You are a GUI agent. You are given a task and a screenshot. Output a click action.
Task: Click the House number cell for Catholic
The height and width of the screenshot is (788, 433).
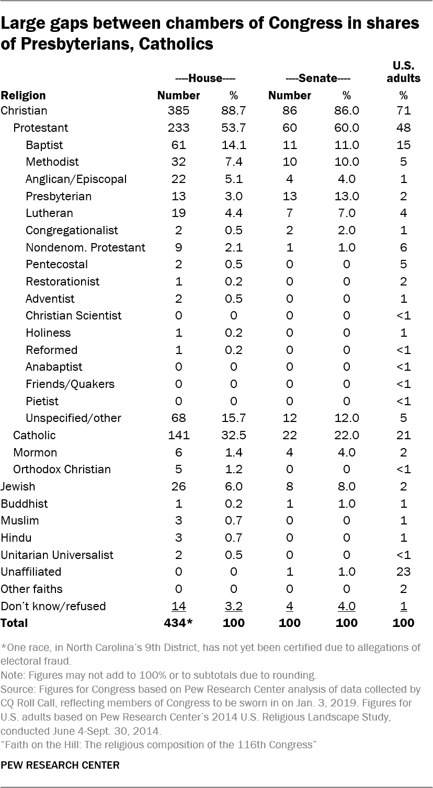[179, 436]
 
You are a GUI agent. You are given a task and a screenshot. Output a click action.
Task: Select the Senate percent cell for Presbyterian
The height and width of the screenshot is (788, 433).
[346, 196]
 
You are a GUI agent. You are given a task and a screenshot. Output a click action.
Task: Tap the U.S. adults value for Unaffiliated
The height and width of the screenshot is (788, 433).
[403, 572]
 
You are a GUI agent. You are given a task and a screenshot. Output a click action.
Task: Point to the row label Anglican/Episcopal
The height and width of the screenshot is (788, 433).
[76, 179]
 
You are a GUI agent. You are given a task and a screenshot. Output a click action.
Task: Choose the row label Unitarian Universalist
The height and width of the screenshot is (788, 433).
[57, 555]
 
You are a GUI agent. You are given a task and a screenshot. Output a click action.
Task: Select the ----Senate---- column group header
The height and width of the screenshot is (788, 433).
[317, 78]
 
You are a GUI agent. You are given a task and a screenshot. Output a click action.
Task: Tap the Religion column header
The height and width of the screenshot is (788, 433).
[23, 96]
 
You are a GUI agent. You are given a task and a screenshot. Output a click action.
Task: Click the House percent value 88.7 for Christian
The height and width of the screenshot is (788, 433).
[233, 111]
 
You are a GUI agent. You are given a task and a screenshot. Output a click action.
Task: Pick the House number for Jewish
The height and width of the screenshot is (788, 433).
[179, 487]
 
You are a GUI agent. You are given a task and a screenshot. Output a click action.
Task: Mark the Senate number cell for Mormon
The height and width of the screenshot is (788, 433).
[290, 453]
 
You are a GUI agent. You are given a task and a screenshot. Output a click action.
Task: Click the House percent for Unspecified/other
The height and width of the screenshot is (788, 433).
[233, 418]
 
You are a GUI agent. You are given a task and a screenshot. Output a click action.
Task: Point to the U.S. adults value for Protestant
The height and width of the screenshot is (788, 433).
[403, 128]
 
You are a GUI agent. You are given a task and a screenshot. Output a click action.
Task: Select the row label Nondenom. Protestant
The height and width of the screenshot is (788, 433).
[86, 247]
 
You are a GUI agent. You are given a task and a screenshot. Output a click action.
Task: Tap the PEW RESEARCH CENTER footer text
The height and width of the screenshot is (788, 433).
[60, 765]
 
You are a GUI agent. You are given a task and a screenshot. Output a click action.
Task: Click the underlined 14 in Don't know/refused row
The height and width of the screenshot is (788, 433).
[179, 607]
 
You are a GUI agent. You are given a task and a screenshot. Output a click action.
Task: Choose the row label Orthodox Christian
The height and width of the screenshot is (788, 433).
[62, 470]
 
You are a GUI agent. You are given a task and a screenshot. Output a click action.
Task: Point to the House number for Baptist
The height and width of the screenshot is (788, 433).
[179, 145]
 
